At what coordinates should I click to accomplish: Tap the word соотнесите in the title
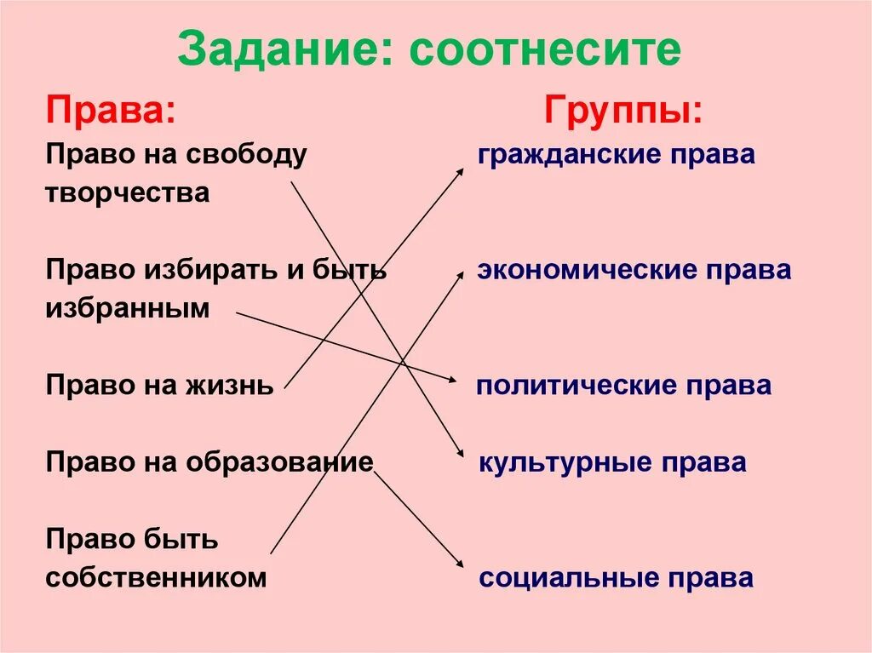[544, 51]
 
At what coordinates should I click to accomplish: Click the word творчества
[128, 193]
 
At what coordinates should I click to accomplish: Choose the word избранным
[128, 309]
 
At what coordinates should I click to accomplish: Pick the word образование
[289, 462]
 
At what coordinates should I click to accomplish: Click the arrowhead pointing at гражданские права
[460, 171]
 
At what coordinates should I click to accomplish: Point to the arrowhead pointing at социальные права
[459, 564]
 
